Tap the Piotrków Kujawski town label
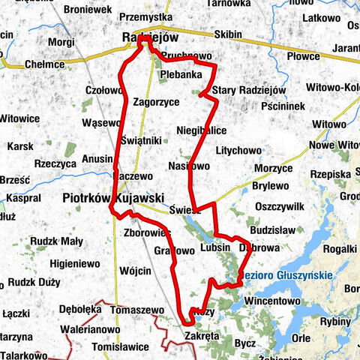tap(112, 198)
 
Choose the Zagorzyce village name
tap(156, 101)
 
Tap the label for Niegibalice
tap(201, 130)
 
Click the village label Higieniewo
tap(75, 264)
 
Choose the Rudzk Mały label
tap(57, 241)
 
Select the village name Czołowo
tap(103, 90)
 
